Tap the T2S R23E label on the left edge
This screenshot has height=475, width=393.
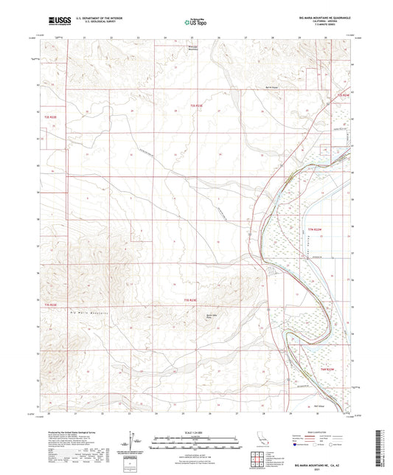[x=50, y=116]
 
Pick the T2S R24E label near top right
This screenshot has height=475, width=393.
[x=341, y=96]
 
